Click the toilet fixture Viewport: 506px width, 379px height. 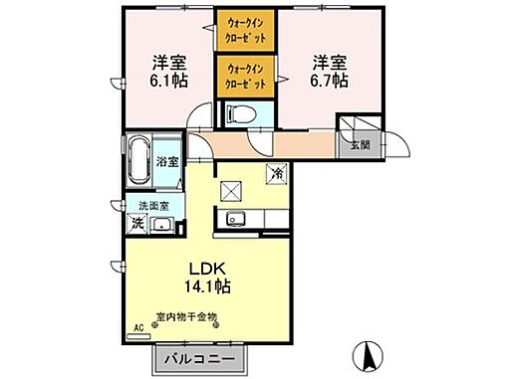click(x=236, y=114)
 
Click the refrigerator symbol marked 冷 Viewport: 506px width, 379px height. click(x=274, y=173)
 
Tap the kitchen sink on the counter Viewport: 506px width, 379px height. click(x=237, y=220)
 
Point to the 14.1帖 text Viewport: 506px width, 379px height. click(x=206, y=286)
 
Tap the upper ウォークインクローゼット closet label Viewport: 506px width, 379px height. click(x=246, y=27)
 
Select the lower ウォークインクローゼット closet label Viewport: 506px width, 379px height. click(x=246, y=75)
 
